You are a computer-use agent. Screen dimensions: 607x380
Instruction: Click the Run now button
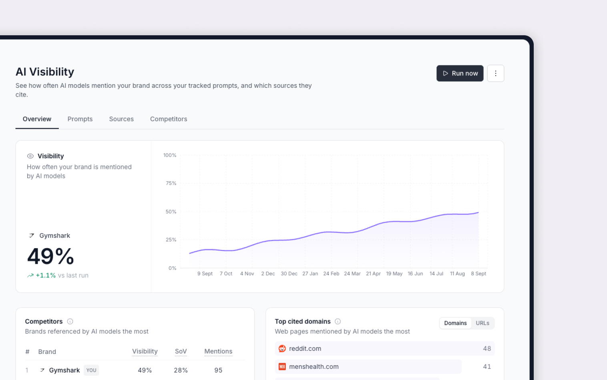pos(460,73)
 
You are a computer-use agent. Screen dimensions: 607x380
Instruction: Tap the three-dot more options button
pos(495,73)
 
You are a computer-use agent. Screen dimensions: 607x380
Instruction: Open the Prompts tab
pos(80,119)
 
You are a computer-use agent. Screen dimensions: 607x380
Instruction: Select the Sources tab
pos(121,119)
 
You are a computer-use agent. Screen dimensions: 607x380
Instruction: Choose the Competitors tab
pos(169,119)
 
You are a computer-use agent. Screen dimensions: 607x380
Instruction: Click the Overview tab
pos(37,119)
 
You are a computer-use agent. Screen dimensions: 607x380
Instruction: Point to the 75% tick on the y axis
pos(171,183)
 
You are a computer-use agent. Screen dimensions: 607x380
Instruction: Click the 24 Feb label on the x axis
pos(331,274)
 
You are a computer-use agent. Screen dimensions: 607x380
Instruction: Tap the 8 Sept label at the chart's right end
pos(478,274)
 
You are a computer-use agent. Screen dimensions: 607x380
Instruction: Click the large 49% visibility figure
pos(50,256)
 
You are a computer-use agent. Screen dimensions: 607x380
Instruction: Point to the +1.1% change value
pos(46,275)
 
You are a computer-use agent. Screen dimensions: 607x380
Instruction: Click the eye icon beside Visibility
pos(30,156)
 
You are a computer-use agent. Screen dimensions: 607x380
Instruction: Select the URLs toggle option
pos(482,323)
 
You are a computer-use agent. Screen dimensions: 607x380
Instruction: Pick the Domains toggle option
pos(455,323)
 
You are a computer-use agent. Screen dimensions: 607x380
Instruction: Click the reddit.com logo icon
pos(282,349)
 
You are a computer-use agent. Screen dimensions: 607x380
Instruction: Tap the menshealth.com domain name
pos(314,366)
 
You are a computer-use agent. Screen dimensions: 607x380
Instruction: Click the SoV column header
pos(181,351)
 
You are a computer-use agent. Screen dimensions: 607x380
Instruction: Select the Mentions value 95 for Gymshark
pos(218,370)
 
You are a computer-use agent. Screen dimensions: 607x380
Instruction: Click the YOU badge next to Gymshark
pos(91,370)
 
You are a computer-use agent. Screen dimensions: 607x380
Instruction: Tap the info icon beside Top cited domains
pos(338,321)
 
